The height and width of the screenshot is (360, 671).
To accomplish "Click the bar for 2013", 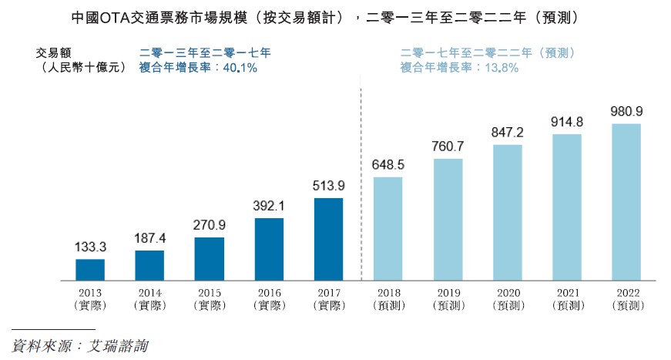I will [x=90, y=269].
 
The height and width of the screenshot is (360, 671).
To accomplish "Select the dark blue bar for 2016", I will [x=269, y=248].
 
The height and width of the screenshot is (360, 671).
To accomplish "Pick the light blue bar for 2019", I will [x=448, y=219].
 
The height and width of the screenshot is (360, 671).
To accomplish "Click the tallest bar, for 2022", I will [x=626, y=201].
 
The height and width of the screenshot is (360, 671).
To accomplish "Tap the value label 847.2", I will [x=507, y=133].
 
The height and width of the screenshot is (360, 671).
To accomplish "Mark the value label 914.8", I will [x=566, y=122].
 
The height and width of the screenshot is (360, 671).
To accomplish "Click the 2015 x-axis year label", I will [x=209, y=293].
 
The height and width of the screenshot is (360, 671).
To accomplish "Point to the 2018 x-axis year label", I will [x=388, y=293].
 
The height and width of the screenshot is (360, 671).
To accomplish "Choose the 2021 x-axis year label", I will [x=566, y=293].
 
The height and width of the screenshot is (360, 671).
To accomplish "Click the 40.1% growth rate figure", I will [x=240, y=68].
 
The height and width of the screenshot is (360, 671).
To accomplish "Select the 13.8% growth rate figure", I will [x=501, y=68].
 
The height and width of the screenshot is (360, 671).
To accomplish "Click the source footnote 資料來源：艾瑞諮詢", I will [x=81, y=345].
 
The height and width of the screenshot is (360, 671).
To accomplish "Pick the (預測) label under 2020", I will [x=507, y=305].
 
